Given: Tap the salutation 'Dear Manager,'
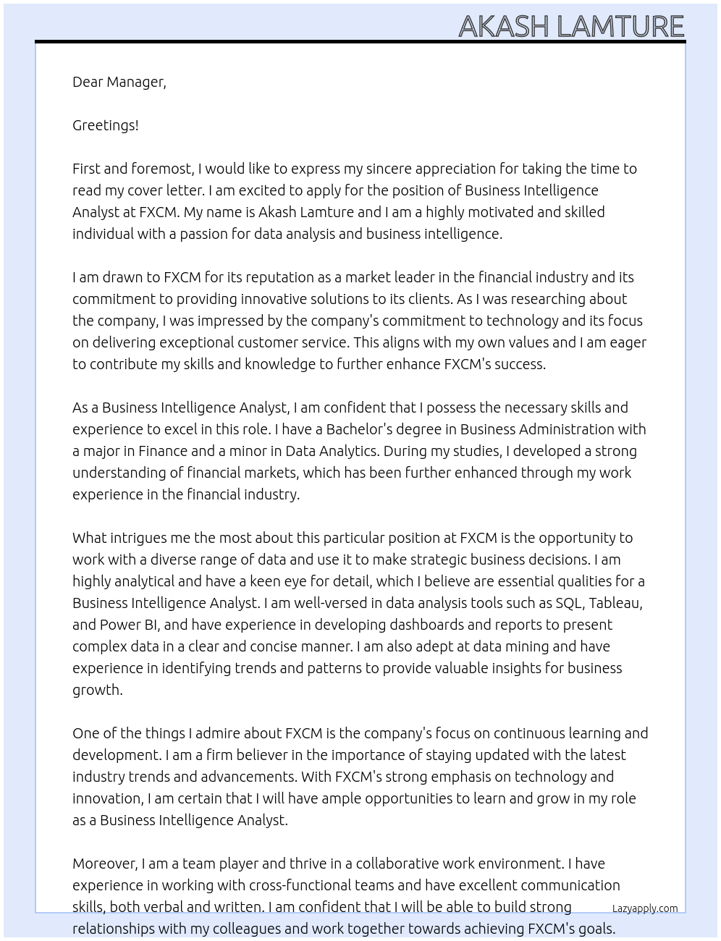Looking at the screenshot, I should click(x=119, y=82).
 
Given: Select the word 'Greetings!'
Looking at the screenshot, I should click(x=105, y=125).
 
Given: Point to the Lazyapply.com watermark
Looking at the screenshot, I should click(x=644, y=908).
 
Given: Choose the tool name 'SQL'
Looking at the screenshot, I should click(x=570, y=603).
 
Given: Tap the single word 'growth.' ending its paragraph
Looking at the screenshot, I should click(x=98, y=690).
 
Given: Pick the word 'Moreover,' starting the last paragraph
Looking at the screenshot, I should click(x=105, y=864).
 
